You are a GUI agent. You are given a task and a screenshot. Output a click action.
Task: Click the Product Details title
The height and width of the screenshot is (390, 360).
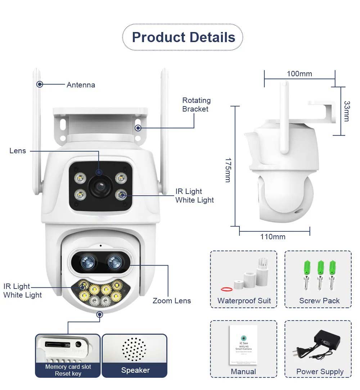(183, 37)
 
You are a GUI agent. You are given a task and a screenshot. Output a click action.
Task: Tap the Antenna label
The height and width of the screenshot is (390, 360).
(81, 85)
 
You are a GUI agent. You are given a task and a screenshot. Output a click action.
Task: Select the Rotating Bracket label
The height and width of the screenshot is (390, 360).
(196, 105)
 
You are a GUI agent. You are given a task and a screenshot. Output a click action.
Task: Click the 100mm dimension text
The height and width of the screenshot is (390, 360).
(299, 74)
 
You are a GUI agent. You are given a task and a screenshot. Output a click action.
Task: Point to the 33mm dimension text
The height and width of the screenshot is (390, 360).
(346, 111)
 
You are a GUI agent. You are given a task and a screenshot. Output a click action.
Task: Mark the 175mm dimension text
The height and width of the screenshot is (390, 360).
(228, 169)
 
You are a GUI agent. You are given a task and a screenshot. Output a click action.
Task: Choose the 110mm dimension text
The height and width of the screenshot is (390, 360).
(273, 236)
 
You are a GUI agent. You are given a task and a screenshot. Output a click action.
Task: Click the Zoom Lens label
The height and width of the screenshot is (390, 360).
(172, 301)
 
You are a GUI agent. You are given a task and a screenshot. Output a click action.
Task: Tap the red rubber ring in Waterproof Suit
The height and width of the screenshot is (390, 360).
(226, 289)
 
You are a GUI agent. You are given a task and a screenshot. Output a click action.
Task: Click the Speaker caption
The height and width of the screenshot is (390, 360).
(135, 370)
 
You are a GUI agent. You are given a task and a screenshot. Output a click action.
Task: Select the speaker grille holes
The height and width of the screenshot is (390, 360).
(134, 349)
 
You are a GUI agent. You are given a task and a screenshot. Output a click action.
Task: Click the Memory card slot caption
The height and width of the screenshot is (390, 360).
(68, 367)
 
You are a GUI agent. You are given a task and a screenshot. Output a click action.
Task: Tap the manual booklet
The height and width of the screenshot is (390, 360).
(243, 345)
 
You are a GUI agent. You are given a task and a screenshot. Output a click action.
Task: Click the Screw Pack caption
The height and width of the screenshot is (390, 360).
(319, 301)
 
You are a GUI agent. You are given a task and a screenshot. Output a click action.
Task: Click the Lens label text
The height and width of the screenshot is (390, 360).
(18, 151)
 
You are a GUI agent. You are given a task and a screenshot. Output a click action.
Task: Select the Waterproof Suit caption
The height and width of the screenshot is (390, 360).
(244, 301)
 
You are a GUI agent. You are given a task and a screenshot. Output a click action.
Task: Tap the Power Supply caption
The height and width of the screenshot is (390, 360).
(320, 372)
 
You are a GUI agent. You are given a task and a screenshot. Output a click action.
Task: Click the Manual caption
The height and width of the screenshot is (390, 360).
(243, 372)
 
